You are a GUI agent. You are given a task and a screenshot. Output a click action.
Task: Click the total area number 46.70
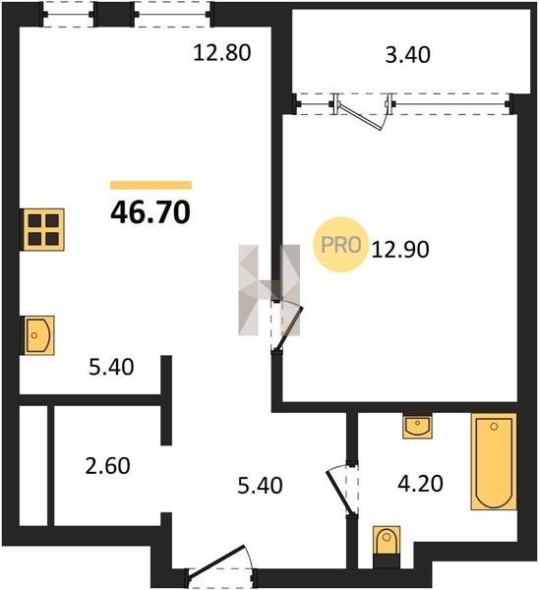[x=150, y=212]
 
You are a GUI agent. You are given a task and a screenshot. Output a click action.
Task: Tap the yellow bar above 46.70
[x=150, y=185]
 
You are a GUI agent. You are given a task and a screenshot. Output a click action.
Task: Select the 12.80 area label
[x=222, y=53]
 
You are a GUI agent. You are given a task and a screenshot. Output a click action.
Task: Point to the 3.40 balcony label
[x=408, y=54]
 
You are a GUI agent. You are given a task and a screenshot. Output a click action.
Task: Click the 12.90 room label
[x=400, y=250]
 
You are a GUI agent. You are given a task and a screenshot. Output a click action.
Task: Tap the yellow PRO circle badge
[x=341, y=245]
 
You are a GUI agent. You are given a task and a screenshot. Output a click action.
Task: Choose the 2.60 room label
[x=107, y=466]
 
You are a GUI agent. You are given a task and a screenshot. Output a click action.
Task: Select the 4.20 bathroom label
[x=420, y=484]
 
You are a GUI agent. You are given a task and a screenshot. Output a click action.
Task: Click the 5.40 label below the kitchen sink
[x=111, y=367]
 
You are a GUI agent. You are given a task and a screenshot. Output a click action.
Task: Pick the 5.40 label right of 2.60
[x=260, y=486]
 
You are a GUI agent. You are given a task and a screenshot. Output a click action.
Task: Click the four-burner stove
[x=43, y=229]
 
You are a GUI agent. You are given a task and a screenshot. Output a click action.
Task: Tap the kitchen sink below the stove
[x=39, y=335]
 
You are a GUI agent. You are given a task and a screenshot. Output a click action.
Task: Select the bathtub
[x=494, y=461]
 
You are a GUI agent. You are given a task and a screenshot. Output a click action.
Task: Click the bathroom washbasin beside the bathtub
[x=417, y=426]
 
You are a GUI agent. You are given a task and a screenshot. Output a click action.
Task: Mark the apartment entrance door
[x=220, y=564]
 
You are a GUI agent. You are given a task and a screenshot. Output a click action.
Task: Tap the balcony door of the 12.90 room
[x=362, y=112]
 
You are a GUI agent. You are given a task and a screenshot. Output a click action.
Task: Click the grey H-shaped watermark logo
[x=269, y=290]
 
